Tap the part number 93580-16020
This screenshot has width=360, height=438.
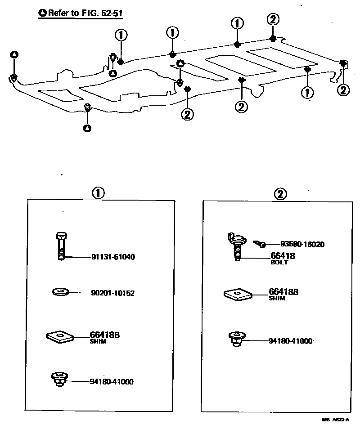(x=302, y=244)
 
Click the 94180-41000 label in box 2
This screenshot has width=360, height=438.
(x=290, y=341)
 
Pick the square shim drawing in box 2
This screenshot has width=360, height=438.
(x=238, y=294)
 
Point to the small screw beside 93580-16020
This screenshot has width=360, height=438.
(x=259, y=244)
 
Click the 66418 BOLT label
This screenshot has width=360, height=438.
(x=283, y=258)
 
